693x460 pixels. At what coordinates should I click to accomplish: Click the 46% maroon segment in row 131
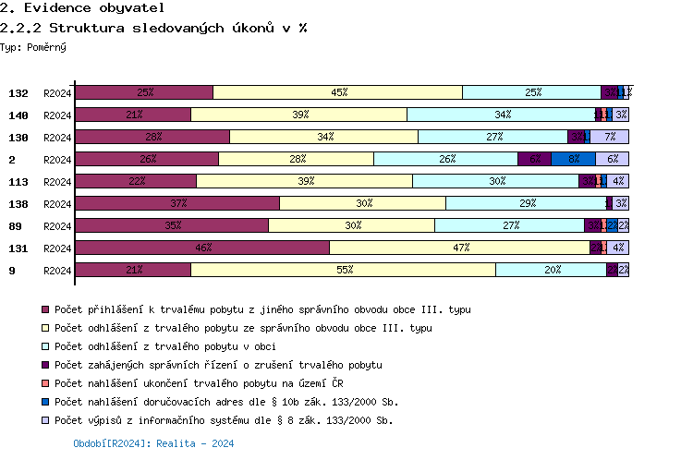click(201, 248)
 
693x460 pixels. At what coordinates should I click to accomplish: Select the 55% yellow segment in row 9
click(343, 270)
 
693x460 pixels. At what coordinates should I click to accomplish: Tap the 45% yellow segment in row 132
click(337, 92)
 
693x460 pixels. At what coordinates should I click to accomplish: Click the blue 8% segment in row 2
click(573, 159)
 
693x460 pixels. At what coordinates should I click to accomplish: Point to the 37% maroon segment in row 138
click(176, 203)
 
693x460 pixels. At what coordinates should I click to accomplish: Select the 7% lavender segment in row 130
click(609, 137)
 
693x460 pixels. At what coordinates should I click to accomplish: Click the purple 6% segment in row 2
click(534, 159)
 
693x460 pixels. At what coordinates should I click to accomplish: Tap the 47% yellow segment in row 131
click(459, 248)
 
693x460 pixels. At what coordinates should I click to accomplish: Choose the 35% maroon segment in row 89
click(171, 225)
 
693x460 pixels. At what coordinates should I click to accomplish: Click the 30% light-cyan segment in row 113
click(495, 181)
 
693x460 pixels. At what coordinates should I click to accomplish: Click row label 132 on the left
click(18, 93)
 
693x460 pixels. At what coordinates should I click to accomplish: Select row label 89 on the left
click(15, 226)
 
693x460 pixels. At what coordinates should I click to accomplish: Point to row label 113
click(18, 182)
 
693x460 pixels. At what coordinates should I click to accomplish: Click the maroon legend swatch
click(44, 309)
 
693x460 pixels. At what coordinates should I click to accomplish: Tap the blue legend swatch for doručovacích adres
click(44, 402)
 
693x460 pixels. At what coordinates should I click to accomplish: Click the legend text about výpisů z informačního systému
click(224, 420)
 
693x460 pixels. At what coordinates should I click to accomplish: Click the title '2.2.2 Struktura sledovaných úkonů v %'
click(153, 28)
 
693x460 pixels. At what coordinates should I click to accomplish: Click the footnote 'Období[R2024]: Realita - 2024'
click(153, 443)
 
